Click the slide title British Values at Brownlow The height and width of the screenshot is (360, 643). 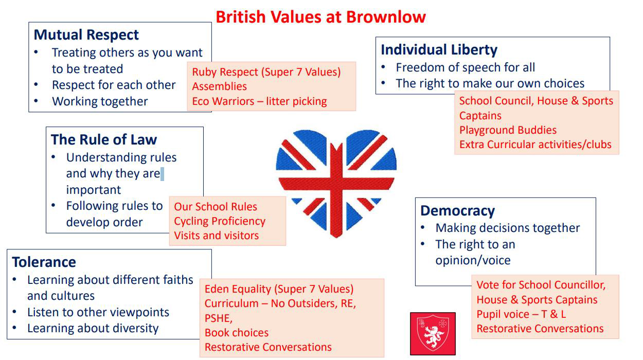coord(320,16)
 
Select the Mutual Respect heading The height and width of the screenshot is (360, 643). coord(86,35)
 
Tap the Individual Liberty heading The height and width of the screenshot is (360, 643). coord(439,50)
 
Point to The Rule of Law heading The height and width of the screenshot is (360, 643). coord(104,139)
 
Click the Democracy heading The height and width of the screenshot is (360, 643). coord(458,211)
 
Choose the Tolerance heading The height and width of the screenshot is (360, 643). coord(44,262)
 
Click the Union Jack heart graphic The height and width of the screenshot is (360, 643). coord(336,184)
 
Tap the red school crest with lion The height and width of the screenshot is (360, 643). coord(433,334)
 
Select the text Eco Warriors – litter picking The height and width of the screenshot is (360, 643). coord(259,101)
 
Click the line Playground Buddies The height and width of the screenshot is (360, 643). coord(508,130)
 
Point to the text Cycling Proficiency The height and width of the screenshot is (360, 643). coord(220,221)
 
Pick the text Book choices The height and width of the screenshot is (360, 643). coord(237,333)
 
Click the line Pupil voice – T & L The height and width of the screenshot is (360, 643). coord(521,314)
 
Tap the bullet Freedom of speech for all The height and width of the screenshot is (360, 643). coord(466,68)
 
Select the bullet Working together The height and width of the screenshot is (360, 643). coord(100,101)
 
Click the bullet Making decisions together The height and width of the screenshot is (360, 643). coord(508,228)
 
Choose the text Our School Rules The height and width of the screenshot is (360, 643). coord(216,207)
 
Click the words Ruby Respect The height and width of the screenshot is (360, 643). coord(225,72)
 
